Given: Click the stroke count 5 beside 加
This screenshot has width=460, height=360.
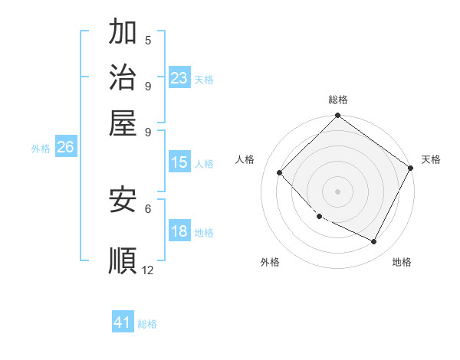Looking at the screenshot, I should [x=148, y=40].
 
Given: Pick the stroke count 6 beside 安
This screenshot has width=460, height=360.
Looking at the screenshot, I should [x=148, y=208].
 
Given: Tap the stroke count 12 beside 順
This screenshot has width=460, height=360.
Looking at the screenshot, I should [x=148, y=270].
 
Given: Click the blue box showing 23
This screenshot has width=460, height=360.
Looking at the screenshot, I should [x=179, y=77].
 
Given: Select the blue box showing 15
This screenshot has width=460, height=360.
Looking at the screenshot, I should [x=179, y=162].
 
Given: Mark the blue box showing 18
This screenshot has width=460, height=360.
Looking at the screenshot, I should [x=179, y=232].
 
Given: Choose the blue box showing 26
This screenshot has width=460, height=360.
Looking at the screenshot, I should [x=65, y=148].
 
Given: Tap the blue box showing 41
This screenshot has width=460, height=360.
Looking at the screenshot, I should [x=123, y=322].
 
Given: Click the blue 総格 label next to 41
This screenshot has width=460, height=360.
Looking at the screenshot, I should [x=147, y=324].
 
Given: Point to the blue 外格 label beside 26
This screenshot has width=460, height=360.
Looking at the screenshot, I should [x=41, y=149].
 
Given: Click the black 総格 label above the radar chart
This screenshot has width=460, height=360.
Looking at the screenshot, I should [x=338, y=100].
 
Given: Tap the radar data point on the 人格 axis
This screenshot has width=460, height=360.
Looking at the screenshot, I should [x=280, y=172].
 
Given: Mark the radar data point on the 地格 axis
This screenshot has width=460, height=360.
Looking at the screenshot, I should [x=374, y=242].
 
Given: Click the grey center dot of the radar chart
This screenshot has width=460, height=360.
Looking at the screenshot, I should [x=337, y=191].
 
